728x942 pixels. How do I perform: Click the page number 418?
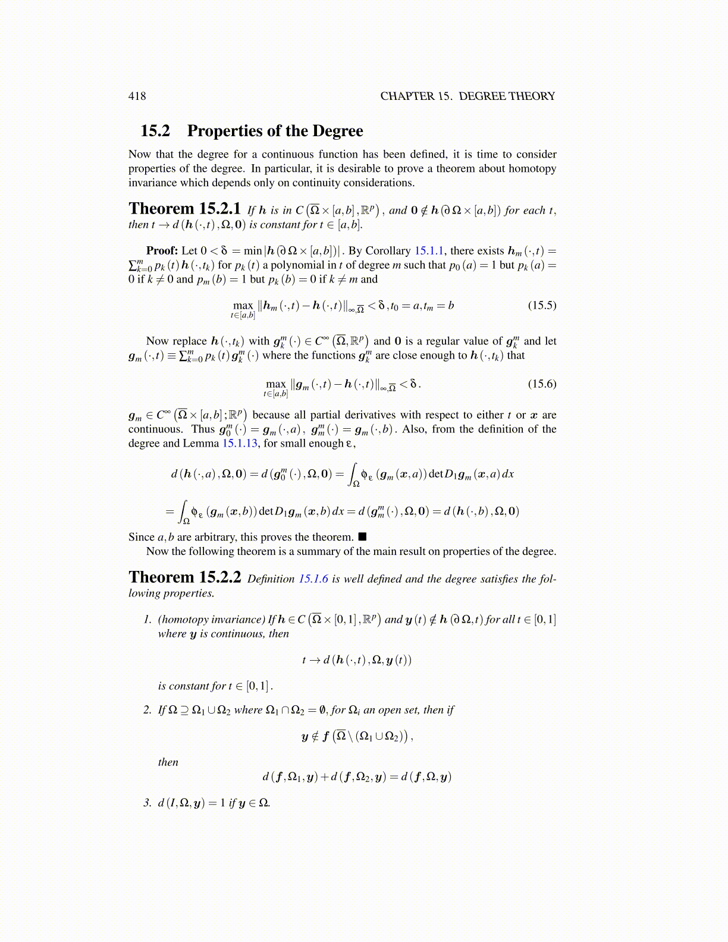(x=137, y=96)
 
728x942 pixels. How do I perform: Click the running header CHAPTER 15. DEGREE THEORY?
(x=467, y=96)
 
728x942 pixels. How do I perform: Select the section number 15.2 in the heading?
(x=155, y=131)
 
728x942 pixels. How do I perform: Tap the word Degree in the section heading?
(x=338, y=131)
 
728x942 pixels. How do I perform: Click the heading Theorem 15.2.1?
(x=184, y=209)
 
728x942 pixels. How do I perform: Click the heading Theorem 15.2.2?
(x=184, y=577)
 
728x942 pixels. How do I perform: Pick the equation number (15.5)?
(x=542, y=305)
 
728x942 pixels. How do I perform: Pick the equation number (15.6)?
(x=542, y=384)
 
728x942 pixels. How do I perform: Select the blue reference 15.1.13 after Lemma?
(x=241, y=443)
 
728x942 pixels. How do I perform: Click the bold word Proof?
(x=162, y=250)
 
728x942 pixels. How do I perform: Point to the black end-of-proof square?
(x=362, y=536)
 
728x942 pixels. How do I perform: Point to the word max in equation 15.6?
(x=276, y=384)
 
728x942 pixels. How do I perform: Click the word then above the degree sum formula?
(x=168, y=762)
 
